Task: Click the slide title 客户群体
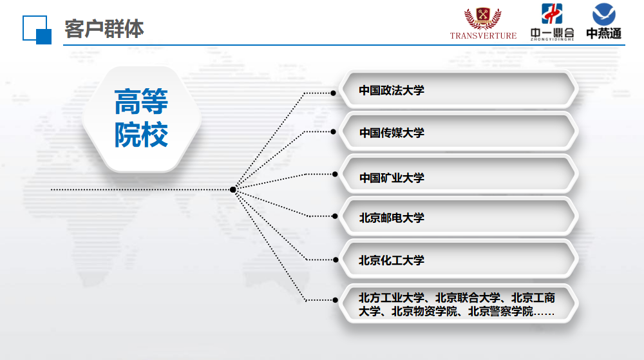point(104,29)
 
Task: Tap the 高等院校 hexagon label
point(141,118)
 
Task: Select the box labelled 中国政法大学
point(459,90)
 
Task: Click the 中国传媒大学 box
point(459,132)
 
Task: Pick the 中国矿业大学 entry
point(459,175)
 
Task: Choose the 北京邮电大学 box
point(459,217)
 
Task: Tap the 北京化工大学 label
point(392,260)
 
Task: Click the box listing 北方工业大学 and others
point(459,304)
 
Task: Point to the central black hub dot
point(233,189)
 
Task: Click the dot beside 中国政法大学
point(333,93)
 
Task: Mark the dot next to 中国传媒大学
point(333,132)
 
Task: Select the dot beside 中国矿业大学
point(335,175)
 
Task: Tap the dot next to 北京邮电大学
point(335,216)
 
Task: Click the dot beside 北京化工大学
point(336,260)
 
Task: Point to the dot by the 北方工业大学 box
point(335,300)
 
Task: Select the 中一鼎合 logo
point(552,22)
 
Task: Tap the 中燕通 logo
point(604,21)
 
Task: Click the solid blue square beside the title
point(44,37)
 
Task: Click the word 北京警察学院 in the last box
point(500,312)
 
